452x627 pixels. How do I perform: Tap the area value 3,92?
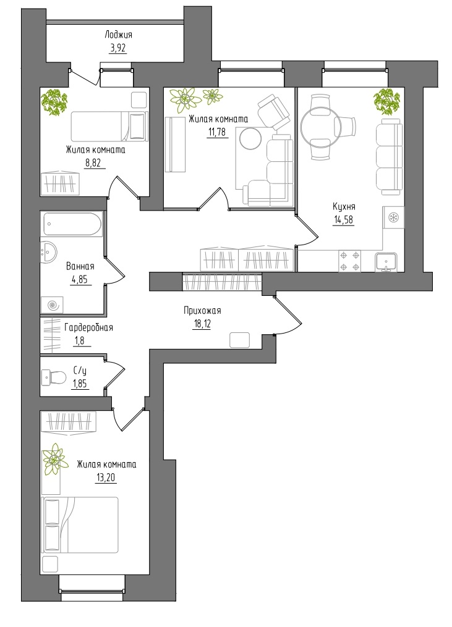pyautogui.click(x=117, y=49)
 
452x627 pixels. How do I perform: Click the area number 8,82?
pyautogui.click(x=95, y=163)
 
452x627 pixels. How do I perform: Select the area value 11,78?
pyautogui.click(x=218, y=132)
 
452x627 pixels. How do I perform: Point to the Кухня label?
pyautogui.click(x=344, y=207)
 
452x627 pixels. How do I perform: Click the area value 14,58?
pyautogui.click(x=344, y=220)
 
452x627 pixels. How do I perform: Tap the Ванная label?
pyautogui.click(x=80, y=266)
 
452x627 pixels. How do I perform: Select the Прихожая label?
pyautogui.click(x=202, y=310)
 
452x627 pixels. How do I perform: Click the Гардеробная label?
pyautogui.click(x=88, y=327)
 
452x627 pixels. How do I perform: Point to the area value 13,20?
pyautogui.click(x=106, y=478)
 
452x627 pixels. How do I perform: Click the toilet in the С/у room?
pyautogui.click(x=54, y=377)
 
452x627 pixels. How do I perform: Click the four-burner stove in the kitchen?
pyautogui.click(x=349, y=261)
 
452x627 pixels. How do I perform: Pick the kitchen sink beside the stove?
pyautogui.click(x=386, y=262)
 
